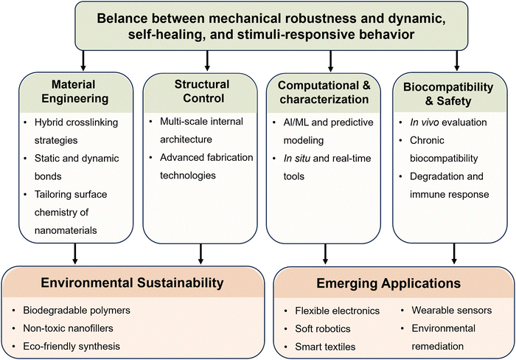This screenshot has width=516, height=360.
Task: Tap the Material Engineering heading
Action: [x=74, y=91]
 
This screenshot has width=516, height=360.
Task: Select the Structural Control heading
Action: [x=202, y=91]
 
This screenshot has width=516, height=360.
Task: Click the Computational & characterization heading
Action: [x=324, y=92]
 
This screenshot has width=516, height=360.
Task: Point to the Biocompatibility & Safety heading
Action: [x=448, y=94]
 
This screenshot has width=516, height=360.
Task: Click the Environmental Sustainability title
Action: [x=132, y=283]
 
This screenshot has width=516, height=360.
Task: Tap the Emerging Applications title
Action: [x=388, y=283]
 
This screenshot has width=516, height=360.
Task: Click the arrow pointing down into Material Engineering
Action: [x=83, y=60]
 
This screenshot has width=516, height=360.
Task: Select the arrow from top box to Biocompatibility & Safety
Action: [x=456, y=60]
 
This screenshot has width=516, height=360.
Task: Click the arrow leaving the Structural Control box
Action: [x=201, y=254]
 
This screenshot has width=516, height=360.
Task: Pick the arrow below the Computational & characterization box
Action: [x=325, y=254]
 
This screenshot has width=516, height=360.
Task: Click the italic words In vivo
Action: [x=424, y=122]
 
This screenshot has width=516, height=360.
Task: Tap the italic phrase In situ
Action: [x=297, y=159]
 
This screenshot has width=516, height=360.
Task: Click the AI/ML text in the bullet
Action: [x=296, y=122]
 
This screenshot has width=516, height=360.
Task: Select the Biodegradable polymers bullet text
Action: [x=77, y=311]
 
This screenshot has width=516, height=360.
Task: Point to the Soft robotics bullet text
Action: [x=323, y=329]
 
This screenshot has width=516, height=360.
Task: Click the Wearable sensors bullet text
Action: [x=451, y=311]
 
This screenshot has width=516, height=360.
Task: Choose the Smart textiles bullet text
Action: [x=325, y=347]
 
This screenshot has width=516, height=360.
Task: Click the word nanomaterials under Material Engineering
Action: [x=66, y=230]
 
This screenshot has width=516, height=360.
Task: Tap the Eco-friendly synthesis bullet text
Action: [x=72, y=347]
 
